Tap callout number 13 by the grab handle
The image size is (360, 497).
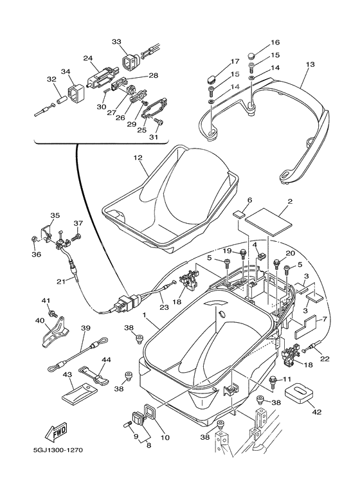[310, 65]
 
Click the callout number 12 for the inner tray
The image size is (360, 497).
[137, 158]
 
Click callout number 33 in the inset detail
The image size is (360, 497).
[116, 42]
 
